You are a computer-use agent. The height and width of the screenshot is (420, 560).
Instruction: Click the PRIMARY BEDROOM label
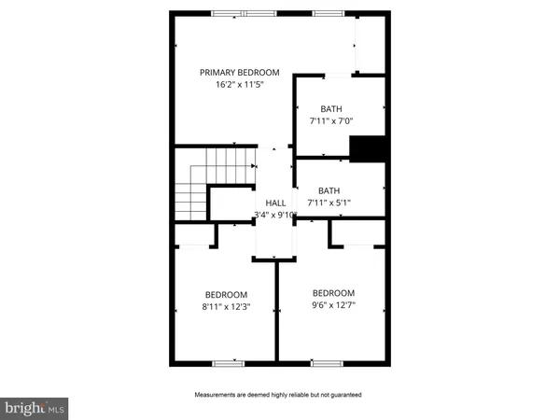(x=240, y=73)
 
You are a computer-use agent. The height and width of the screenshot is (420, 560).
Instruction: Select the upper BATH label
(x=331, y=108)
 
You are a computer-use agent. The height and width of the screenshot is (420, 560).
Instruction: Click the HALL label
(x=275, y=203)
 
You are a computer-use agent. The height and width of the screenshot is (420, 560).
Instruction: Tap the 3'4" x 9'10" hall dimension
(x=275, y=215)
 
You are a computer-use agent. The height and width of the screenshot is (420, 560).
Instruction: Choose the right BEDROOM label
(x=333, y=292)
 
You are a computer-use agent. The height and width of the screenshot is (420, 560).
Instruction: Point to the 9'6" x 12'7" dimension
(x=333, y=304)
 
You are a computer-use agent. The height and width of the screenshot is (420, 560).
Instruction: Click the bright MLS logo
(x=35, y=408)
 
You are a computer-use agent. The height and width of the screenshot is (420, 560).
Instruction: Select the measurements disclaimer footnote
(x=277, y=395)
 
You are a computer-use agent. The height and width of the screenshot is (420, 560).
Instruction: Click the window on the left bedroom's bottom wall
(x=228, y=362)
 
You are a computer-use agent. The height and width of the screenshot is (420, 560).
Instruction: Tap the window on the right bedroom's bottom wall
(x=326, y=362)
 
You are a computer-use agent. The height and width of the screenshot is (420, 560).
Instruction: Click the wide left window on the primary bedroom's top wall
(x=244, y=13)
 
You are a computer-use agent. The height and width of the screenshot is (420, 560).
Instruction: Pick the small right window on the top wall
(x=328, y=13)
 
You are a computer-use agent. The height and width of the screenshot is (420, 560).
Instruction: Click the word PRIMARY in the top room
(x=217, y=73)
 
